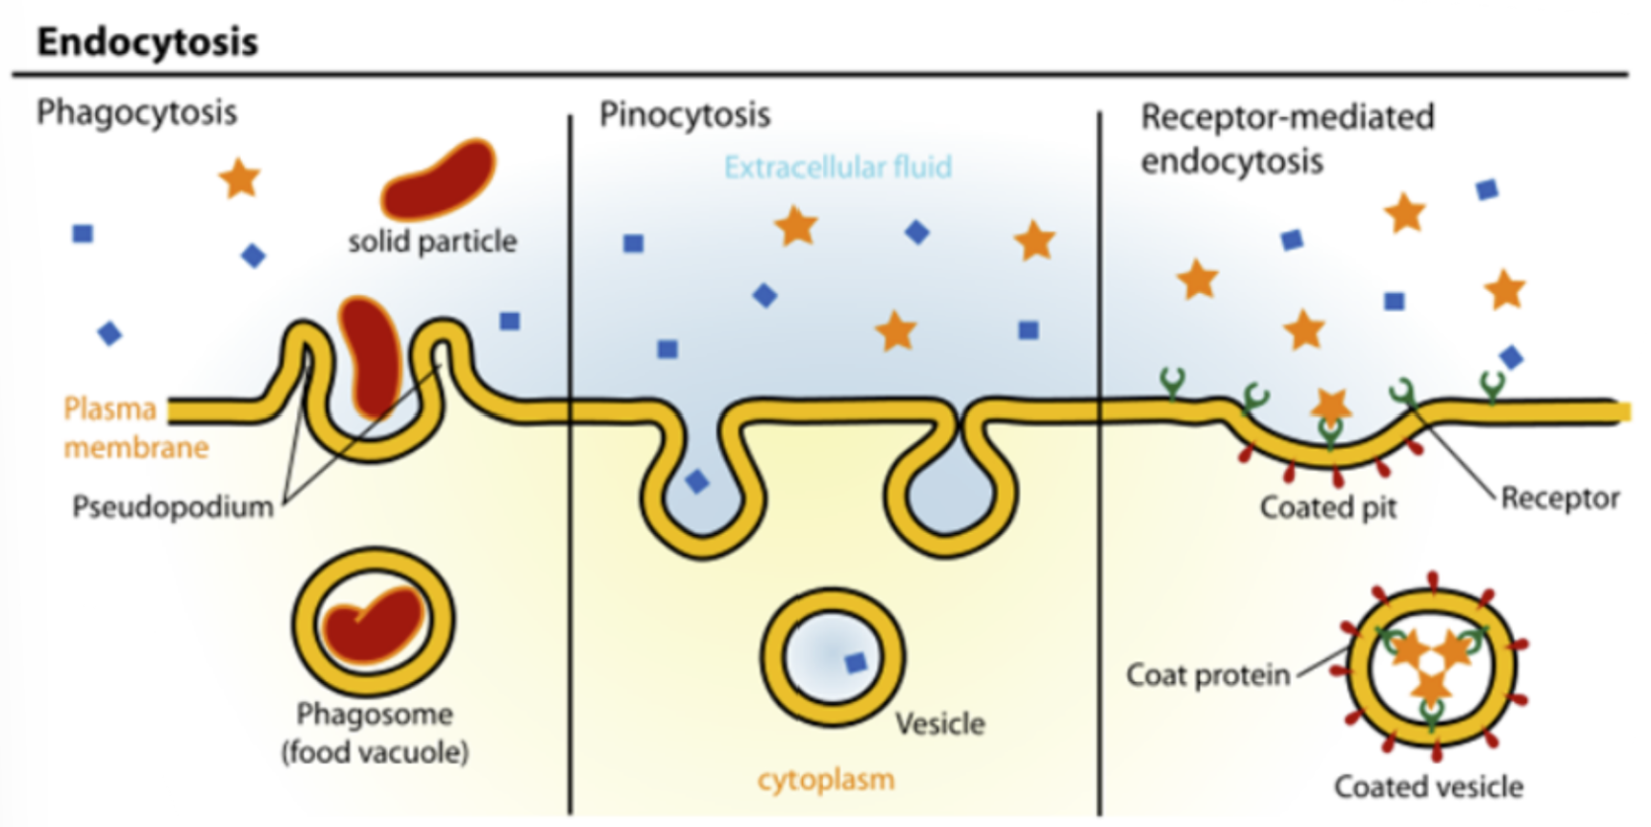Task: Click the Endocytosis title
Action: [147, 42]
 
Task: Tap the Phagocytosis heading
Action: [136, 112]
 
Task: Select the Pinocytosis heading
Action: [685, 115]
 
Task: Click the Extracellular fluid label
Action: [838, 167]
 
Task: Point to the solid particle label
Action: [432, 241]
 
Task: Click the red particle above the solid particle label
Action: [438, 179]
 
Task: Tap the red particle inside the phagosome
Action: [373, 623]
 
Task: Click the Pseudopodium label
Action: [173, 506]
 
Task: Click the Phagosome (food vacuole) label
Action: [375, 733]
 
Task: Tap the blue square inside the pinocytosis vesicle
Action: [855, 662]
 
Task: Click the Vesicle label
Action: [939, 723]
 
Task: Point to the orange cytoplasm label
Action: [826, 779]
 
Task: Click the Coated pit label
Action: [1327, 507]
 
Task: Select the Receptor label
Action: [1560, 498]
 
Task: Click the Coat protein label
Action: [1207, 675]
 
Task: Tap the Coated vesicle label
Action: [1428, 787]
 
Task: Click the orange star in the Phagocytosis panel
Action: [239, 179]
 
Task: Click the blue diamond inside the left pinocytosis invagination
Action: [696, 482]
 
